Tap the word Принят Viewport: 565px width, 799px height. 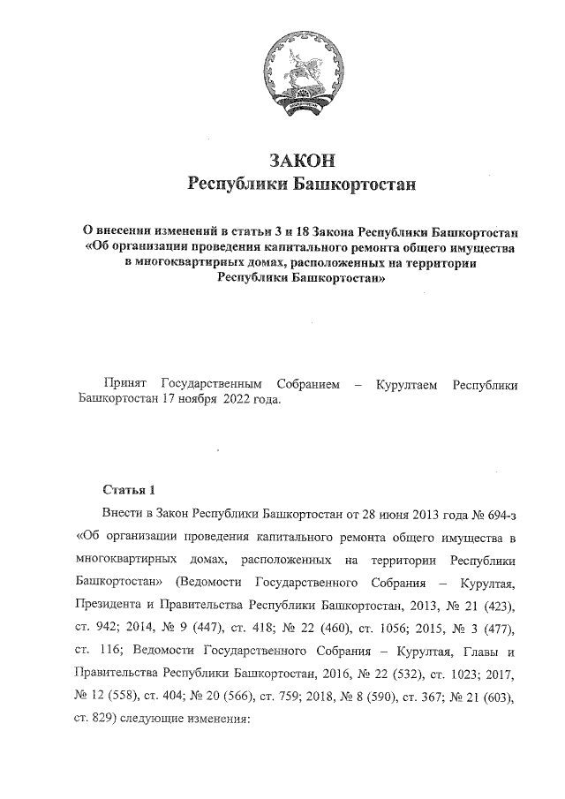coord(125,385)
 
